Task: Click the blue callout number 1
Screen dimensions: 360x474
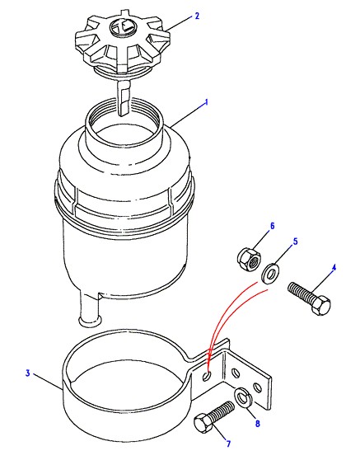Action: [x=207, y=102]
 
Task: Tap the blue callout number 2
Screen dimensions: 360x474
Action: [x=197, y=16]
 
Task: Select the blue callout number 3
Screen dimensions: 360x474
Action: [x=28, y=373]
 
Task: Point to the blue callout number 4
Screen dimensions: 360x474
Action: [x=334, y=268]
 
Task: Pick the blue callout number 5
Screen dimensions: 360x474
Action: [x=296, y=242]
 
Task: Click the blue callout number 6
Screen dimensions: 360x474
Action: [x=272, y=226]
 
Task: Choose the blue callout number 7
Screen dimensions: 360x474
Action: [x=229, y=443]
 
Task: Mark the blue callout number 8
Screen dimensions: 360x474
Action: [x=257, y=424]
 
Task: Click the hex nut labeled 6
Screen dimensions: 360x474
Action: [x=249, y=260]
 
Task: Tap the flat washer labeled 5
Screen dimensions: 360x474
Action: [x=270, y=275]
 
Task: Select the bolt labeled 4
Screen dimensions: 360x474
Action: [x=309, y=298]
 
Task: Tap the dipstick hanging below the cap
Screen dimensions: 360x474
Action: [x=123, y=96]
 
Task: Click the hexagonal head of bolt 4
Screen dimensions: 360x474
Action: [x=320, y=305]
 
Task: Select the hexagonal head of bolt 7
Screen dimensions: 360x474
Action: [x=203, y=423]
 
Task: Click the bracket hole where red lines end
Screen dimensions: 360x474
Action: [x=207, y=376]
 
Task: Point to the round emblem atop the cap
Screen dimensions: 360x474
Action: [x=122, y=26]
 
